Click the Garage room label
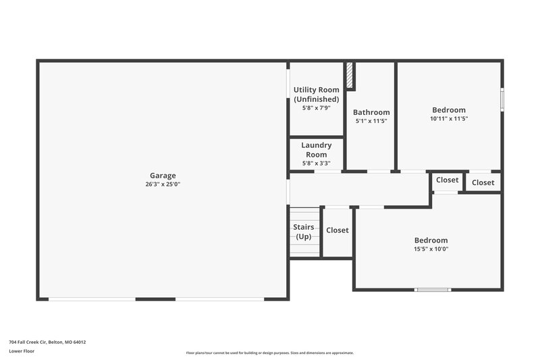tap(163, 175)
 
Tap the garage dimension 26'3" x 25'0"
tap(163, 184)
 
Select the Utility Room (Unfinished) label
tap(316, 95)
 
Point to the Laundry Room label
tap(316, 150)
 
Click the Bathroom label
tap(371, 112)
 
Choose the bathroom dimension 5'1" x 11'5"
tap(371, 121)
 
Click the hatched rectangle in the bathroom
tap(350, 76)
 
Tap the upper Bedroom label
tap(449, 110)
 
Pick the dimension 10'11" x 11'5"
tap(449, 119)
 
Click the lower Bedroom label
tap(431, 240)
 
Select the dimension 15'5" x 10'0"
tap(431, 249)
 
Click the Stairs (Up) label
tap(304, 232)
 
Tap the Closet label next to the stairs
tap(337, 230)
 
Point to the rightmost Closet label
tap(483, 182)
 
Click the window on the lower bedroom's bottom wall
tap(433, 290)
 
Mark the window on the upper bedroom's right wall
tap(502, 98)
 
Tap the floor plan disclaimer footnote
tap(270, 353)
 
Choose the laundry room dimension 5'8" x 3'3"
tap(316, 163)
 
